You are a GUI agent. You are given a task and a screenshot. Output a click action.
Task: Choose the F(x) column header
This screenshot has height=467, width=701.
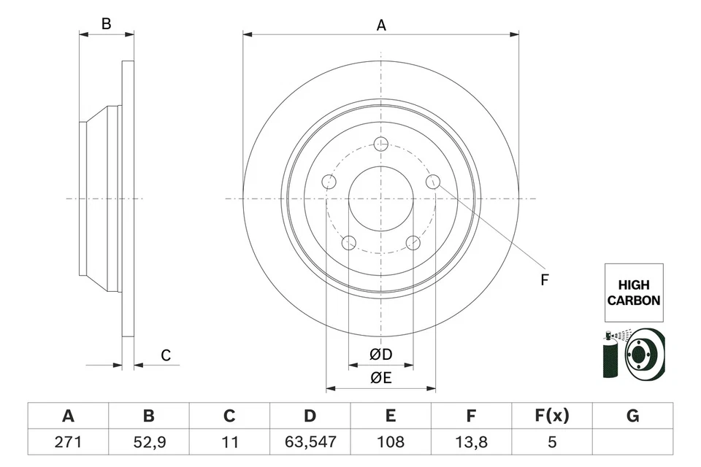pos(551,416)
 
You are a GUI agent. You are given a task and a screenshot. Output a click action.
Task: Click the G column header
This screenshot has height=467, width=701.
pos(632,416)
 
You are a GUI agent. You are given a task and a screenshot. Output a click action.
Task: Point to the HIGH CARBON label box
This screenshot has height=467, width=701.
pos(633,293)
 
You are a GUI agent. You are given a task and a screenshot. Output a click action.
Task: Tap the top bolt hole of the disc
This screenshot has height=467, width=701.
pos(380,144)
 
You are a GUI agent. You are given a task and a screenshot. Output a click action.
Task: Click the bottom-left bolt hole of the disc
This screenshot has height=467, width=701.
pos(348,243)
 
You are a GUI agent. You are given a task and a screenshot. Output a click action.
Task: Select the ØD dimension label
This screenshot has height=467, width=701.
pos(380,355)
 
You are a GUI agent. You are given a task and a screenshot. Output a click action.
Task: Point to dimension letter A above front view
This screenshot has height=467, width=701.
pos(380,26)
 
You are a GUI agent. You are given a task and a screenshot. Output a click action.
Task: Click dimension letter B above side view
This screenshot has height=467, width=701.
pos(106,24)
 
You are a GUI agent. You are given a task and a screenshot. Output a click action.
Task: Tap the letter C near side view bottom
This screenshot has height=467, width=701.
pos(166,355)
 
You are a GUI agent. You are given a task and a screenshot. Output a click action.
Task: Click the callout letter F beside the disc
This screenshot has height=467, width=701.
pos(544,279)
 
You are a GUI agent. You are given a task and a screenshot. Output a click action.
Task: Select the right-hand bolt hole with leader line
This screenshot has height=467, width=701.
pos(433,182)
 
